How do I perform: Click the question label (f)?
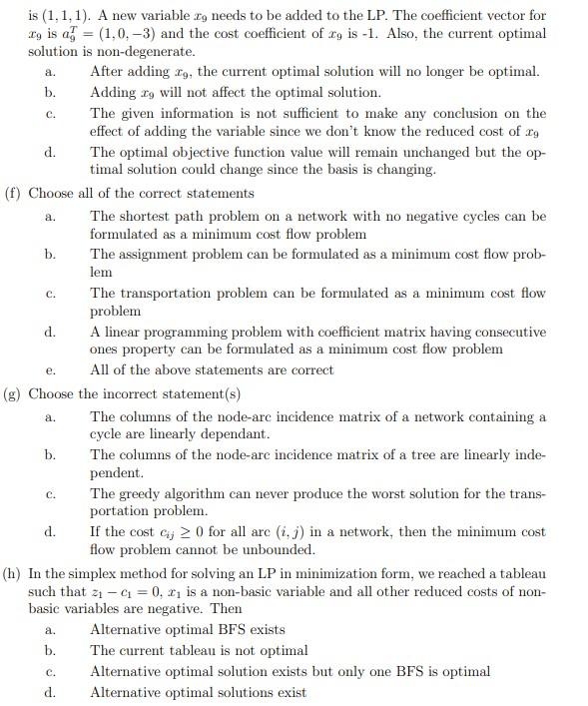coord(14,193)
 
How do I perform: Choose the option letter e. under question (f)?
coord(49,370)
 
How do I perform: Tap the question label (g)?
coord(14,393)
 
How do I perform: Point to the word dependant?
coord(236,434)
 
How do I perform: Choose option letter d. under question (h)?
coord(50,692)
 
